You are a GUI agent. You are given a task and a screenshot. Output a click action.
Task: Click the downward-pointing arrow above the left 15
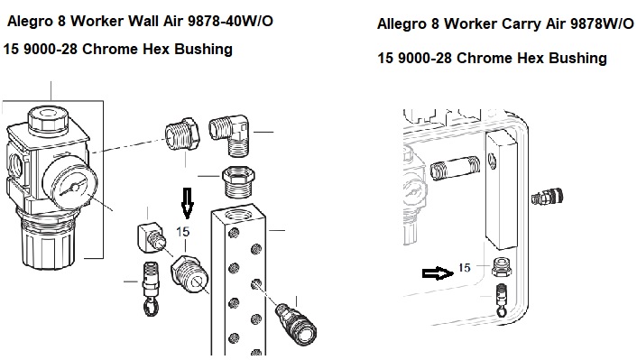(x=187, y=203)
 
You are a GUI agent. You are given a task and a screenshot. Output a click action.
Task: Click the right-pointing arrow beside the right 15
(x=438, y=273)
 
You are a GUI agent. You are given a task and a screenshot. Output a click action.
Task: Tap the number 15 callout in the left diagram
(x=183, y=232)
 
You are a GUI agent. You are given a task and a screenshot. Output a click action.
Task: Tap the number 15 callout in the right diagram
(x=465, y=268)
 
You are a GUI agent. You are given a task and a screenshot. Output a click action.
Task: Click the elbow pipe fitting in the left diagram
(x=230, y=134)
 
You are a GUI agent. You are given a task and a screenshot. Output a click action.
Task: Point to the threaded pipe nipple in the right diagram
(x=455, y=169)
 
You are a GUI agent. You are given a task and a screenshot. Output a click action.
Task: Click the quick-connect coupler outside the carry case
(x=547, y=197)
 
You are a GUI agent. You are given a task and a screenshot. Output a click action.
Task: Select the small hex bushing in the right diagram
(x=502, y=266)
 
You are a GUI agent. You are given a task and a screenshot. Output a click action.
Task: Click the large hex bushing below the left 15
(x=190, y=273)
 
